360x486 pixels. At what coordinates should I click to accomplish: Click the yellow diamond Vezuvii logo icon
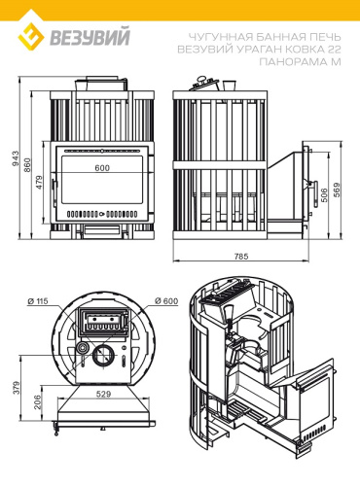click(30, 37)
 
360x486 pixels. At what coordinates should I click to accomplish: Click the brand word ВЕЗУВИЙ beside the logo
click(90, 37)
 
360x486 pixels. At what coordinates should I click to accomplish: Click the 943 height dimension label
click(16, 158)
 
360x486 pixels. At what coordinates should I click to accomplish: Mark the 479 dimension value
click(39, 183)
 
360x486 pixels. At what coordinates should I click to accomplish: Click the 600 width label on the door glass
click(102, 168)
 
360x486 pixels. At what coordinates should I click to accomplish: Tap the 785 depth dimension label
click(241, 257)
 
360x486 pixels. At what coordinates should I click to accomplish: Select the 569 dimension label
click(337, 190)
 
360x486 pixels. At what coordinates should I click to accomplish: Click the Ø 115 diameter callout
click(38, 301)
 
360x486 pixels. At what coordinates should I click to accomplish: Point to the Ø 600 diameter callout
click(166, 300)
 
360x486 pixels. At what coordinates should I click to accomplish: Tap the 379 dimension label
click(17, 388)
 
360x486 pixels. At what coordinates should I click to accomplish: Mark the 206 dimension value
click(38, 401)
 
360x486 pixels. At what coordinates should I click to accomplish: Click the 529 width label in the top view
click(103, 394)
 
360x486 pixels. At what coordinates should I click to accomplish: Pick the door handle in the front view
click(54, 193)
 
